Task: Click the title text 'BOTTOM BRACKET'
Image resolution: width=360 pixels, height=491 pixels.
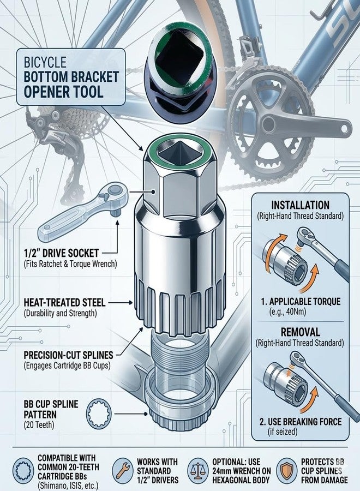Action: (71, 77)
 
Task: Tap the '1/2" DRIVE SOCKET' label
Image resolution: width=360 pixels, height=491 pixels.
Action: (61, 253)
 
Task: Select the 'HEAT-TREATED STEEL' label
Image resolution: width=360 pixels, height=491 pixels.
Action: (64, 302)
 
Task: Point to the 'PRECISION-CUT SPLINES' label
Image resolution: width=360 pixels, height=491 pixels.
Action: (68, 355)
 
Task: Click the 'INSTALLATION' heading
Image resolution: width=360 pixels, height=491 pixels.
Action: (300, 205)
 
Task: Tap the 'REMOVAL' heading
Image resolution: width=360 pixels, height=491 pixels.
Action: (300, 332)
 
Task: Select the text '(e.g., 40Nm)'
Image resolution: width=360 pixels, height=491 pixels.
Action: (287, 312)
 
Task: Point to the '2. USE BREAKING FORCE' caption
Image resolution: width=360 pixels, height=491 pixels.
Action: (301, 422)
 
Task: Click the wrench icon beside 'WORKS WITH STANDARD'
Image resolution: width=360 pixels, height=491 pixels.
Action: (123, 470)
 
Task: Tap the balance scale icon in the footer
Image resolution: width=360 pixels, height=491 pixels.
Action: (198, 470)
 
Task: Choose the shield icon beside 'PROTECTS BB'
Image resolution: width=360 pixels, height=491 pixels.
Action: (286, 470)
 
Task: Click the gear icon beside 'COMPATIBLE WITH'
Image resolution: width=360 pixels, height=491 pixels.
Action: (23, 470)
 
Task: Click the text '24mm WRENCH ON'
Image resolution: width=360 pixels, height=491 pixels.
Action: (241, 471)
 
